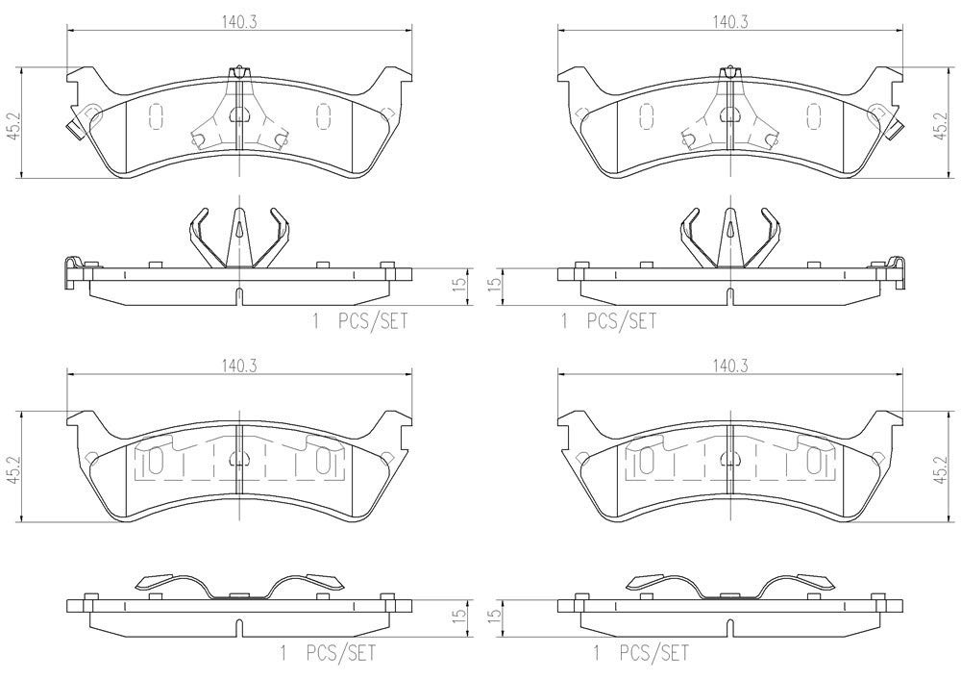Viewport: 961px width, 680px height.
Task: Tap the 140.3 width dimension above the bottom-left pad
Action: [239, 366]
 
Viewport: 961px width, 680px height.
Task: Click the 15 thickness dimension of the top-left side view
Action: [461, 283]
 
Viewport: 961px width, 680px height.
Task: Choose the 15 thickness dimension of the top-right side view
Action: [495, 283]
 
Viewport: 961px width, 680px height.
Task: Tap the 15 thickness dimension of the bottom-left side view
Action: [461, 613]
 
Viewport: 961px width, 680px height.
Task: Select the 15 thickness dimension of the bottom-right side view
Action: [495, 613]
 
